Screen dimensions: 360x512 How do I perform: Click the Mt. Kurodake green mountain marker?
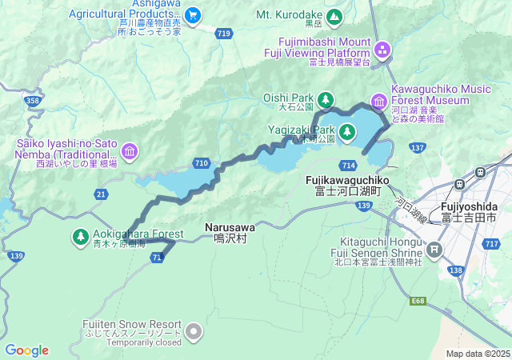[334, 15]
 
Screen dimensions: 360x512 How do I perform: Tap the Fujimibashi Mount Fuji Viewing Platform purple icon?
[382, 50]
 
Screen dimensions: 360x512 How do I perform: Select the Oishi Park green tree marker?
[326, 99]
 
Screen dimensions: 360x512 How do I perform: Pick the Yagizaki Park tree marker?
[346, 131]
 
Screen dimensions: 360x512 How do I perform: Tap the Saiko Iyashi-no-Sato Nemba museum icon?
[130, 150]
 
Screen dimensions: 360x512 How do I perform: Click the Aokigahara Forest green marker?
[81, 236]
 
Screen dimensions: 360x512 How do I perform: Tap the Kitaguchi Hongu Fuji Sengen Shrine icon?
[434, 250]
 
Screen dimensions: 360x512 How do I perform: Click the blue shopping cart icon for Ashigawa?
[192, 14]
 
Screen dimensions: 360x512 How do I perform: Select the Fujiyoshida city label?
[468, 211]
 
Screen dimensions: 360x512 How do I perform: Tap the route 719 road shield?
[224, 33]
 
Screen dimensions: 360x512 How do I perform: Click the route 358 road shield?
[33, 100]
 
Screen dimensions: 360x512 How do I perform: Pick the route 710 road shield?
[202, 163]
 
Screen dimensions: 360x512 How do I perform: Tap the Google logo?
[26, 350]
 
